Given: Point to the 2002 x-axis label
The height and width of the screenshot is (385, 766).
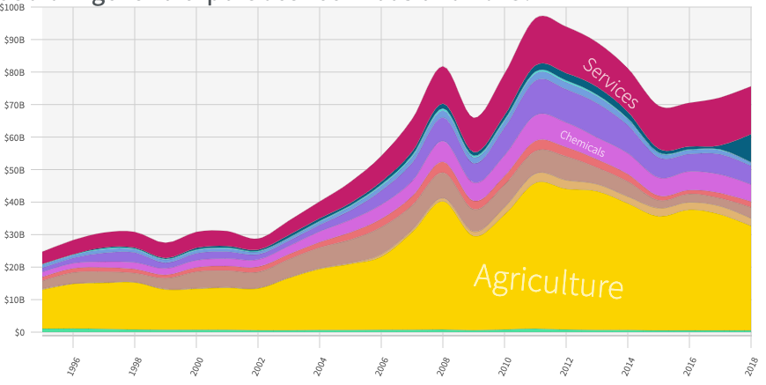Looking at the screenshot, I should coord(261,366).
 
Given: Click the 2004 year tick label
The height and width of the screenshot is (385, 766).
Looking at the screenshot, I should coord(322,366).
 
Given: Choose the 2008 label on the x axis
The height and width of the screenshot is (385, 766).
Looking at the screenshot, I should coord(446,366).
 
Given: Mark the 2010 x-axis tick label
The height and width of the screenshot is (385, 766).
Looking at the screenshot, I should coord(507,366).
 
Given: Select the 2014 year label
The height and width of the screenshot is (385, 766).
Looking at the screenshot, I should coord(630,366).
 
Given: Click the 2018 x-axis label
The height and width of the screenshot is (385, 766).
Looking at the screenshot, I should coord(753,366).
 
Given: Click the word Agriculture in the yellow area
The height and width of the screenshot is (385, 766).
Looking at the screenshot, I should coord(549,281).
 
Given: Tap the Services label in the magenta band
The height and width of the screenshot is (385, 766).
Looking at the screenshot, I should coord(610,82).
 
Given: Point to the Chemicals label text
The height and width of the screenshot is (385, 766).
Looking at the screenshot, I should coord(582,144).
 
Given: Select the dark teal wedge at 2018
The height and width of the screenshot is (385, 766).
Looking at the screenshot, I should coord(745,148).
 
